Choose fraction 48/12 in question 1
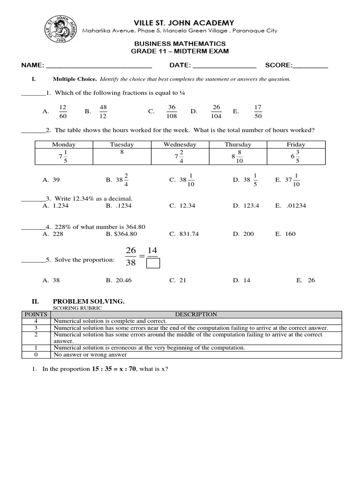click(x=103, y=112)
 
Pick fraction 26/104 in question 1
click(x=216, y=112)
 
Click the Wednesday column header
click(x=180, y=144)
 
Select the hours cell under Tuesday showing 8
click(x=121, y=152)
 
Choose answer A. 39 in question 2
click(x=51, y=180)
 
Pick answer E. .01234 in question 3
click(x=291, y=206)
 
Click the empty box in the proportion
click(x=153, y=264)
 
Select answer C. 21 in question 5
click(x=178, y=280)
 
